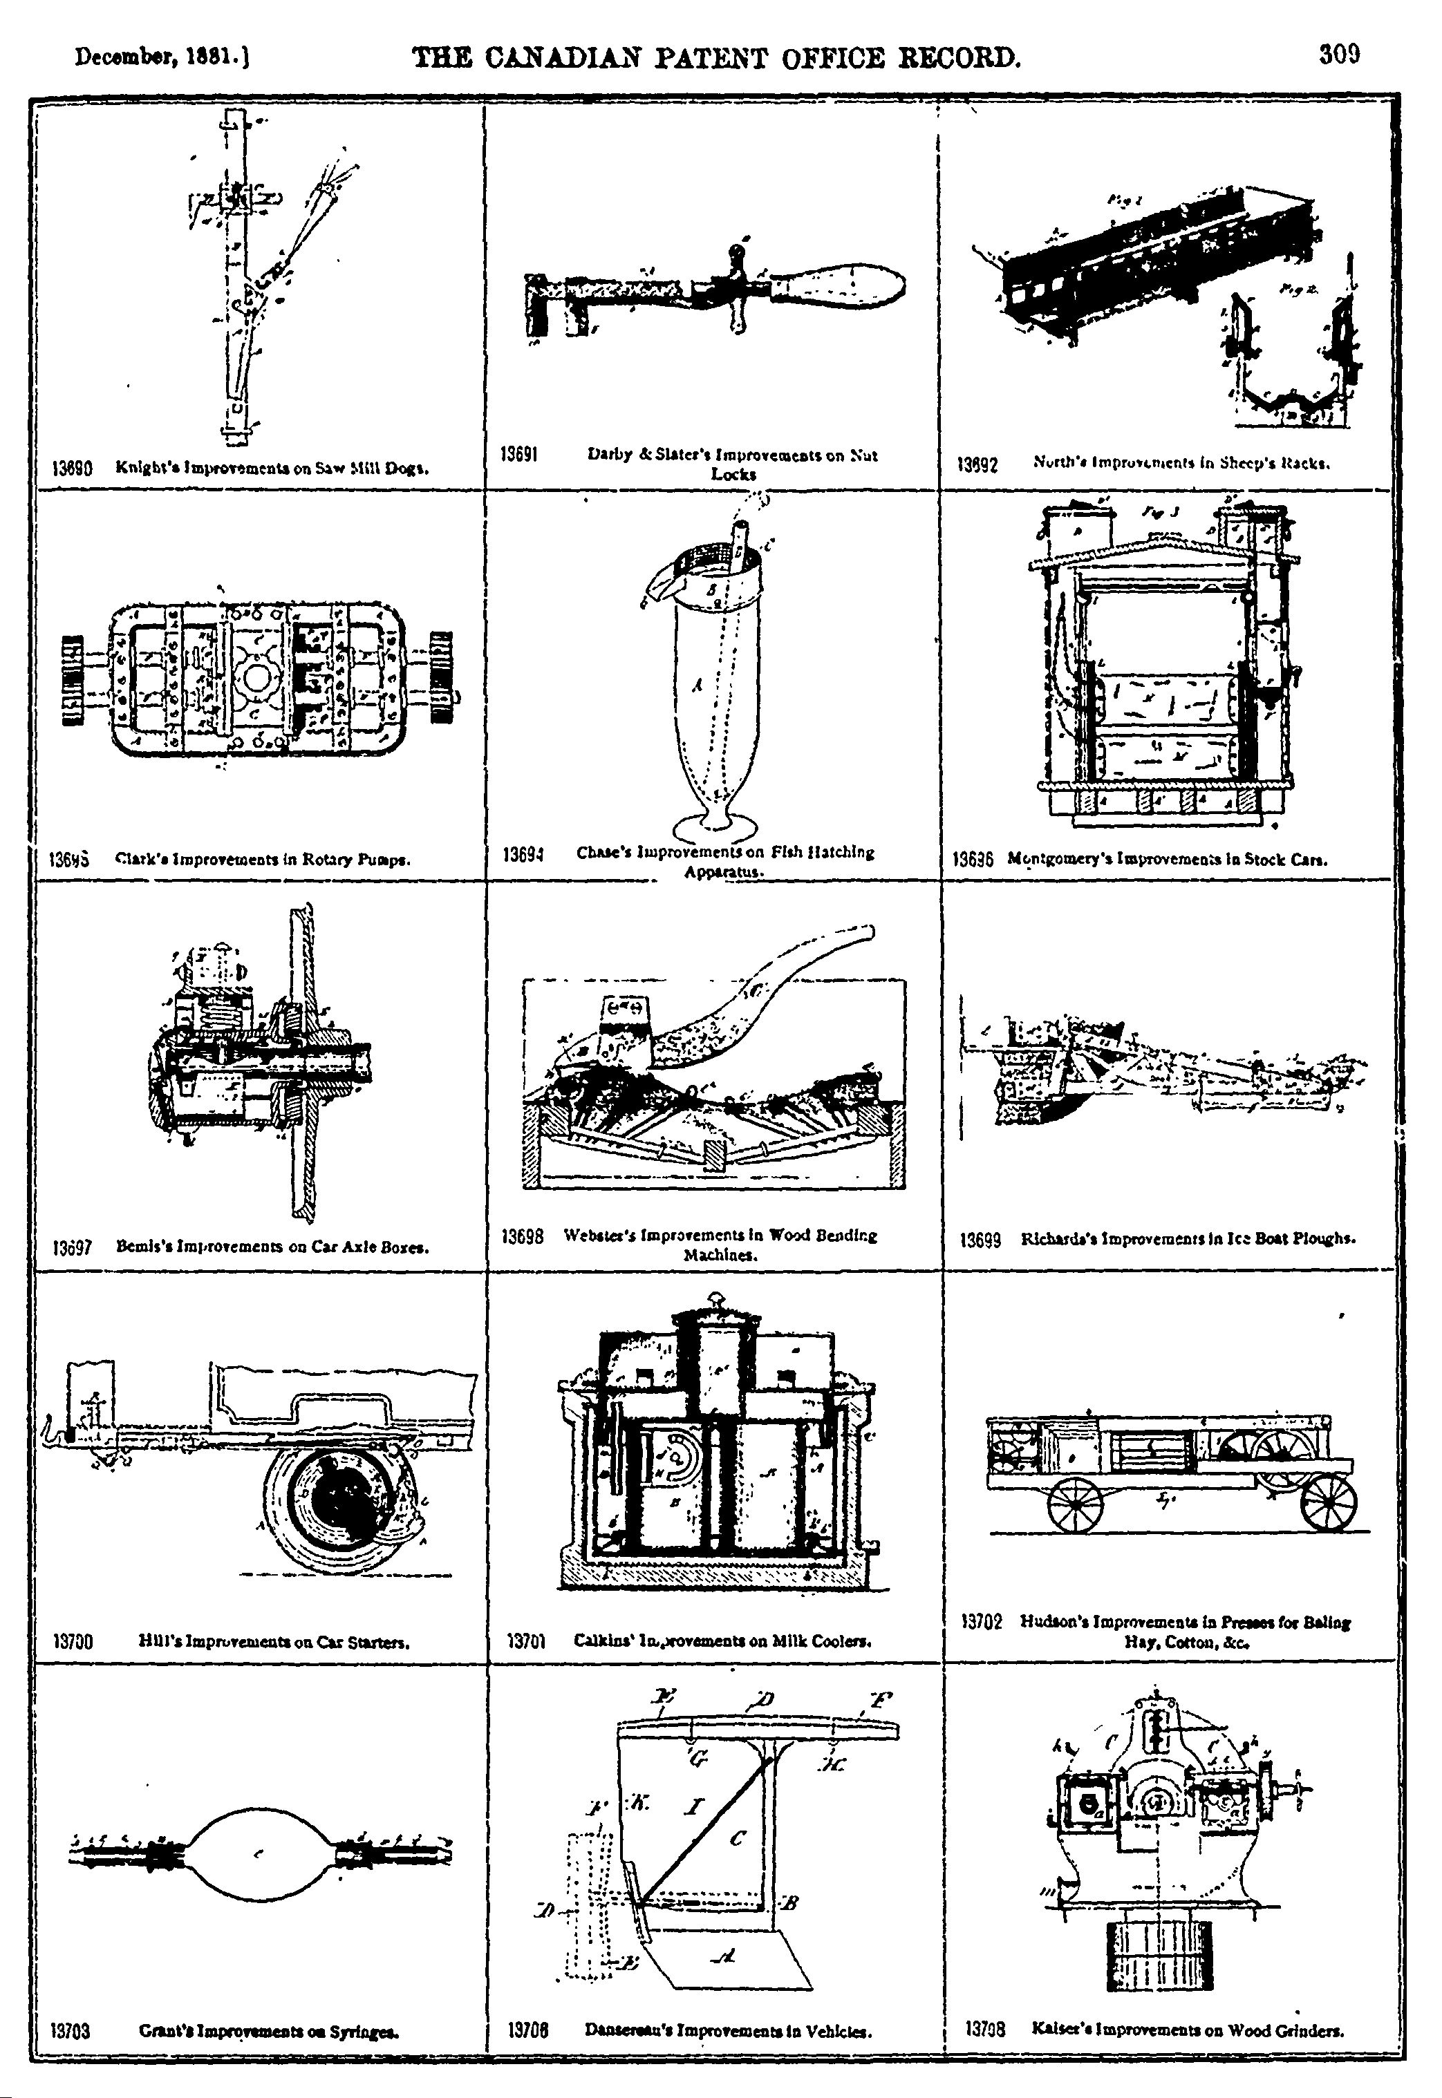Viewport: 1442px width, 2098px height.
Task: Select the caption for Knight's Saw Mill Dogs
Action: tap(272, 468)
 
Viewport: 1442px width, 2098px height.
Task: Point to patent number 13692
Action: tap(977, 466)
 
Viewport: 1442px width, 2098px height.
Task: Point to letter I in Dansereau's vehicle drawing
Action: tap(694, 1807)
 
